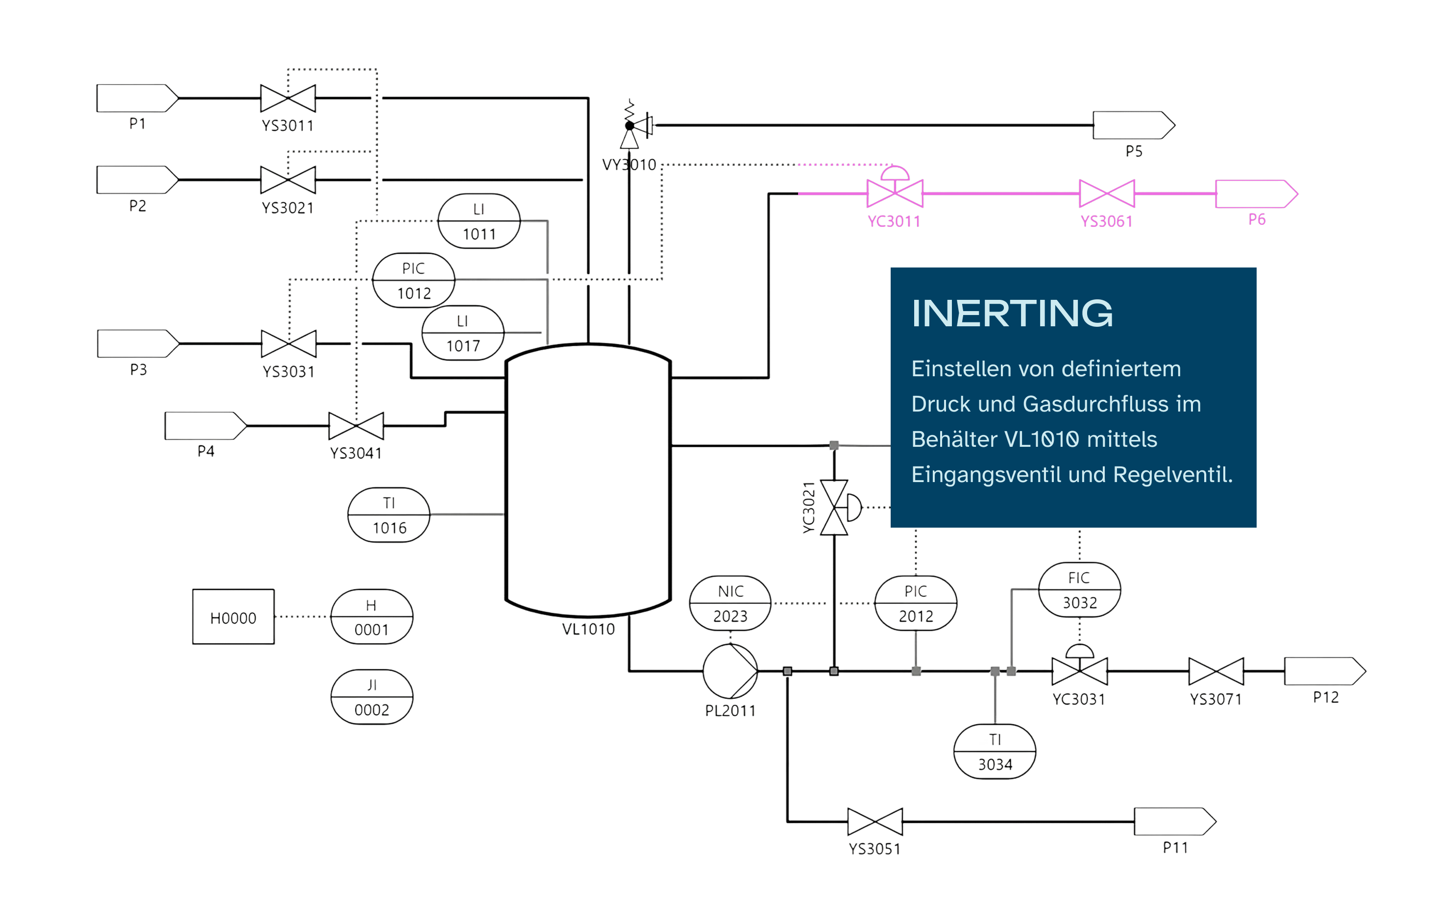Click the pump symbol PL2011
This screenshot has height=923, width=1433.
tap(729, 671)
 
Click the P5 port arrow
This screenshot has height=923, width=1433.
tap(1133, 125)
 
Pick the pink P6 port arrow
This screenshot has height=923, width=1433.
tap(1255, 194)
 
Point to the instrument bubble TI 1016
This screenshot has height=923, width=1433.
tap(389, 515)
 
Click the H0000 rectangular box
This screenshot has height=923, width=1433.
tap(233, 616)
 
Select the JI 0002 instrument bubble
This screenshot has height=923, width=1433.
tap(371, 697)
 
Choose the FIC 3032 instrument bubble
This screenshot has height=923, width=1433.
tap(1079, 589)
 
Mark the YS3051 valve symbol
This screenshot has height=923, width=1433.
tap(874, 821)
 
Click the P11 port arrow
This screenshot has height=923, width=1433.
tap(1173, 821)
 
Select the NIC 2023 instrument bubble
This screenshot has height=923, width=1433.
tap(730, 603)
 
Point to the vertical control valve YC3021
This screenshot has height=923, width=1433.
tap(835, 507)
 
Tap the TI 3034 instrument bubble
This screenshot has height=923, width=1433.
tap(995, 751)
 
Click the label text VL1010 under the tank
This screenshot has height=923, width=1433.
tap(588, 629)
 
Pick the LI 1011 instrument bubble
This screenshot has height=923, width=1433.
tap(478, 220)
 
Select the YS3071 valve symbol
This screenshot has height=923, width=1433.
tap(1215, 671)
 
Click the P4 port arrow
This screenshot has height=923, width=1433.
tap(205, 426)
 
